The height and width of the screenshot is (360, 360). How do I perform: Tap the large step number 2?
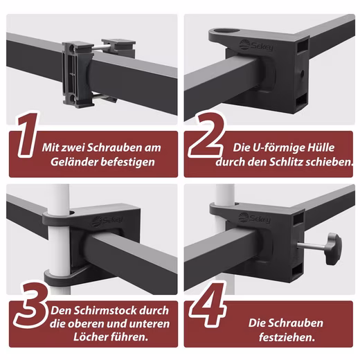coord(206,136)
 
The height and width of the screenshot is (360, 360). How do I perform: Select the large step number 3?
coord(32,305)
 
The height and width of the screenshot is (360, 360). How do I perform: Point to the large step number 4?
coord(208,305)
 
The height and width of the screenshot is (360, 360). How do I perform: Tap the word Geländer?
coord(74,162)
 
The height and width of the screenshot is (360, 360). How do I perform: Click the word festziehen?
coord(287,337)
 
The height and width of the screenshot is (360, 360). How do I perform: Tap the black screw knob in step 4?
coord(333,249)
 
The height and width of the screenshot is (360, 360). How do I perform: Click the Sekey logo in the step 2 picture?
coord(256,46)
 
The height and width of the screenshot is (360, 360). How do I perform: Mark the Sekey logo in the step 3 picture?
coord(107,221)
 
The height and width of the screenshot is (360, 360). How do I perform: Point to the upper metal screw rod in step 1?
coord(102,48)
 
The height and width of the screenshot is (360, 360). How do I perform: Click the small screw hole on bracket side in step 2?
coord(302,74)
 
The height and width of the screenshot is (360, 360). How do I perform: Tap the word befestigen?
coord(128,162)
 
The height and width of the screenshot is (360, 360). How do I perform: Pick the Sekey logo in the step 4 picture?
coord(254,217)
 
